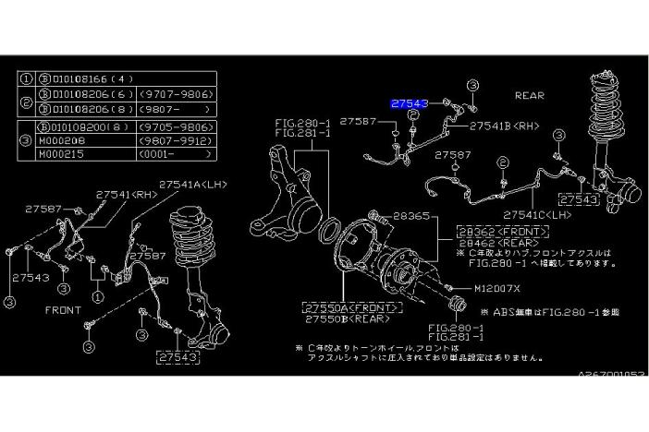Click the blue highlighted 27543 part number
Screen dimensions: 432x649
click(409, 105)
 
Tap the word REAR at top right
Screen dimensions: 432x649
click(529, 95)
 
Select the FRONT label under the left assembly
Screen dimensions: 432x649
click(63, 310)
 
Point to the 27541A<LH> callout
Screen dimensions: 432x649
click(192, 185)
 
